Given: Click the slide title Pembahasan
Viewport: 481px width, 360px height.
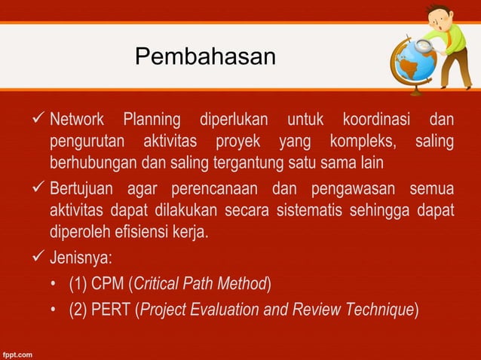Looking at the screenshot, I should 205,56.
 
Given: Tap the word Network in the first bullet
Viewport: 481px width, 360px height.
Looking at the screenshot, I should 78,120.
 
